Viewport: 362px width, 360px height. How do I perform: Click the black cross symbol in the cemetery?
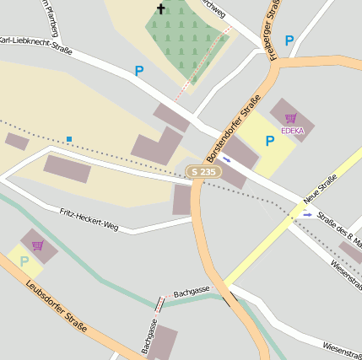(x=160, y=9)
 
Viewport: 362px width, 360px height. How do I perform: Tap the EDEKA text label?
(x=292, y=131)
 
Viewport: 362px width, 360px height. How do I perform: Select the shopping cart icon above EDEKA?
(x=291, y=119)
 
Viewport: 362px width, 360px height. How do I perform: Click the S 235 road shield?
(x=204, y=171)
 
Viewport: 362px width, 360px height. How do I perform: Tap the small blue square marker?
(x=69, y=138)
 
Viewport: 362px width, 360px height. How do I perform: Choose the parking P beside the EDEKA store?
(x=270, y=141)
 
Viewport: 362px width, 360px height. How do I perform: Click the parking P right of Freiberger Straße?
(x=289, y=40)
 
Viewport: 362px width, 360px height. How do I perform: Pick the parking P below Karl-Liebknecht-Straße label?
(x=138, y=72)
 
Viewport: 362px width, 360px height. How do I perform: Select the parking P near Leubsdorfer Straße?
(x=24, y=261)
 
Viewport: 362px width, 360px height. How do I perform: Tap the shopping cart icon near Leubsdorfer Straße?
(x=37, y=245)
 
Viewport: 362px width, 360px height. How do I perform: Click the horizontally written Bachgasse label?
(x=192, y=291)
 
